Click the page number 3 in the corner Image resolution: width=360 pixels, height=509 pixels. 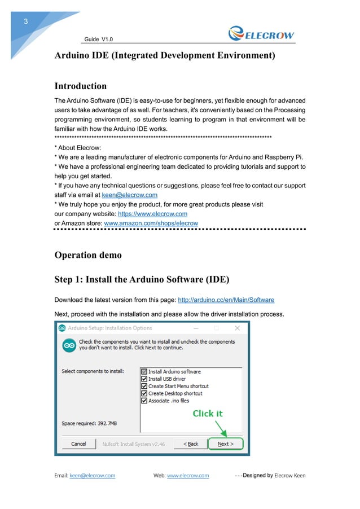pos(25,22)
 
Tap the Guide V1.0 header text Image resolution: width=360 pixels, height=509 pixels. pos(99,39)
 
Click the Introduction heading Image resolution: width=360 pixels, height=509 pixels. pos(80,86)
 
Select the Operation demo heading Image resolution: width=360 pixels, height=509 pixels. pos(87,254)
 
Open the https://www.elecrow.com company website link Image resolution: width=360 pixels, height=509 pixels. pos(152,214)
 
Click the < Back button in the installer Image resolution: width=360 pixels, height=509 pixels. pos(191,444)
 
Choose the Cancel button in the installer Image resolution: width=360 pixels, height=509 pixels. pos(78,444)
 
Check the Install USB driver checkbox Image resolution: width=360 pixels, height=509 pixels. pos(144,379)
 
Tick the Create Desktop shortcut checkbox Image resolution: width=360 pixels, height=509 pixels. pos(144,393)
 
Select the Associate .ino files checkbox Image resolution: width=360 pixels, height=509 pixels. pos(144,401)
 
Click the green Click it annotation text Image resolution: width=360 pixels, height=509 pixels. pos(208,413)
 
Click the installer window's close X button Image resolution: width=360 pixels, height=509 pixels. pos(238,328)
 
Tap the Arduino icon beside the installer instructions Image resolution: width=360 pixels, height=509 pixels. pos(69,345)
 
